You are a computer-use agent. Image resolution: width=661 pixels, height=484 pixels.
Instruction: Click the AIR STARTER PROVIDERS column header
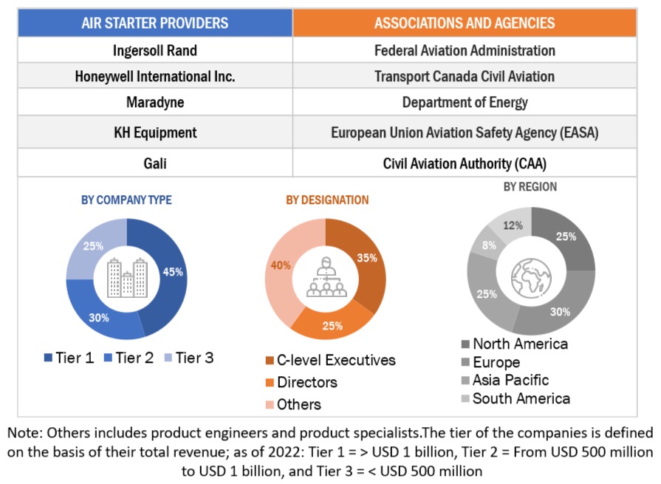pyautogui.click(x=155, y=23)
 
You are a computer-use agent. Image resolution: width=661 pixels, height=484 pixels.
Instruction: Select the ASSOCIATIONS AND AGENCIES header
pyautogui.click(x=465, y=23)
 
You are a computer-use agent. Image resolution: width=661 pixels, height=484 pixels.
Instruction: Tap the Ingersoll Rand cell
pyautogui.click(x=155, y=51)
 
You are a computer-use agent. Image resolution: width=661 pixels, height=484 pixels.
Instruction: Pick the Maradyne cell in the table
pyautogui.click(x=155, y=102)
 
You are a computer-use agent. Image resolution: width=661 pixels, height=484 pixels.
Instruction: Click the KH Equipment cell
pyautogui.click(x=155, y=133)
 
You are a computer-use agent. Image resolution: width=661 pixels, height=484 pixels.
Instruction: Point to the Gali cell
pyautogui.click(x=155, y=163)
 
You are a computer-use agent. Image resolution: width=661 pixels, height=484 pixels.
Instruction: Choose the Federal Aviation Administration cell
pyautogui.click(x=465, y=51)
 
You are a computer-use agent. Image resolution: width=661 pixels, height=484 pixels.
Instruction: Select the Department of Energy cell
pyautogui.click(x=465, y=102)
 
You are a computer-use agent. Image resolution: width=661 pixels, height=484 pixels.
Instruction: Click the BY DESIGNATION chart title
pyautogui.click(x=327, y=200)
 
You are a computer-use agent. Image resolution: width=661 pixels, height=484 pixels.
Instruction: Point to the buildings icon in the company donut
pyautogui.click(x=126, y=278)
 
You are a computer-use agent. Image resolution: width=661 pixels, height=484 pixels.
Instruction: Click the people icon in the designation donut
pyautogui.click(x=326, y=277)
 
